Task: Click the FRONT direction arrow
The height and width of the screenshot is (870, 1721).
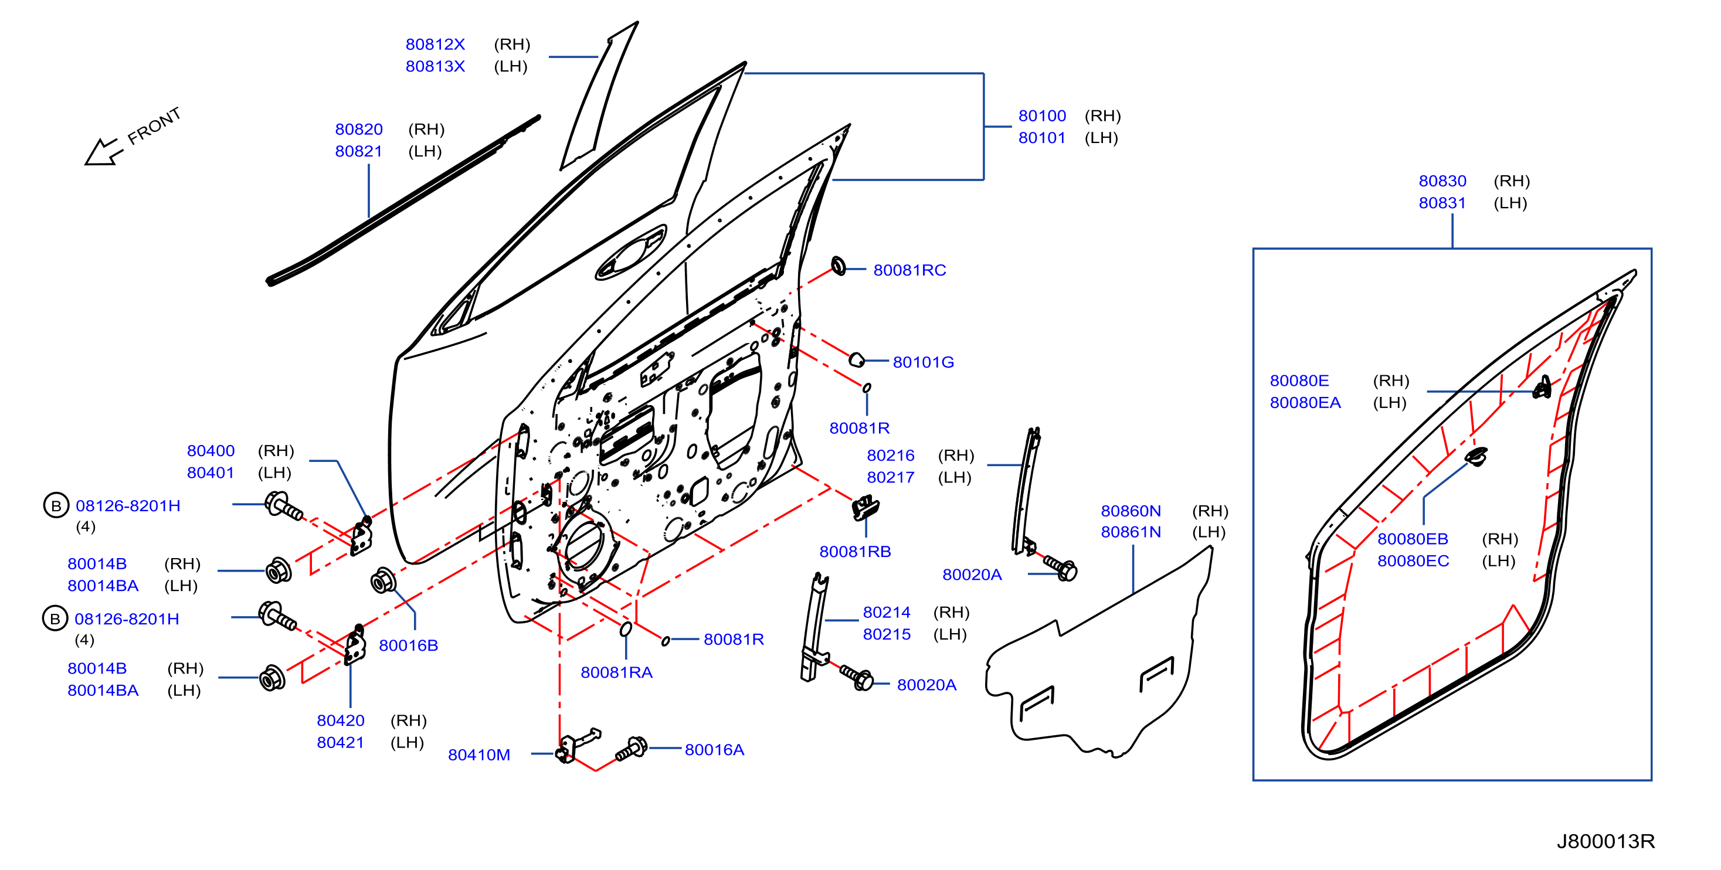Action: point(103,152)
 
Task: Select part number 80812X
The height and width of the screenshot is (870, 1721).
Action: point(435,44)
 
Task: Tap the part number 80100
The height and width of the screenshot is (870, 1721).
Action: point(1041,115)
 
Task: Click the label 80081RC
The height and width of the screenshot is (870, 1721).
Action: point(909,270)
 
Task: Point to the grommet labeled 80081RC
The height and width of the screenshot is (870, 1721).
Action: point(838,266)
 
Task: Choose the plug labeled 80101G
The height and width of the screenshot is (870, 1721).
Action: point(856,359)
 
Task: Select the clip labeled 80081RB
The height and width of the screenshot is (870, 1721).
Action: point(865,508)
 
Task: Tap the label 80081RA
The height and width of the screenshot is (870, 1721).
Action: point(616,672)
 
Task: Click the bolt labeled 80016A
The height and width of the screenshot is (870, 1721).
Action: point(632,749)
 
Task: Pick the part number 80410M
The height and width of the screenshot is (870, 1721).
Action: point(478,755)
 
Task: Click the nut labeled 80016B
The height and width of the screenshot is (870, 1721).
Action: point(382,580)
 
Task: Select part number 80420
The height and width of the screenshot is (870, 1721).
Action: point(340,721)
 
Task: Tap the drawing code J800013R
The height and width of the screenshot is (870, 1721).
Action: point(1605,841)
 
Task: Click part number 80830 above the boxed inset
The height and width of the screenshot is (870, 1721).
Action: point(1442,181)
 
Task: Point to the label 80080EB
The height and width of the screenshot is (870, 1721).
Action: point(1413,539)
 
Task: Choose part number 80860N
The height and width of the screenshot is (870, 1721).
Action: point(1131,511)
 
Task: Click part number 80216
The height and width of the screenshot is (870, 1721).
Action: point(890,455)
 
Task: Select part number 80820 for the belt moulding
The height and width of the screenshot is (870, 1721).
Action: point(359,129)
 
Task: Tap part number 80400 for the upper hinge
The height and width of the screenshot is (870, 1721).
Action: point(211,450)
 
